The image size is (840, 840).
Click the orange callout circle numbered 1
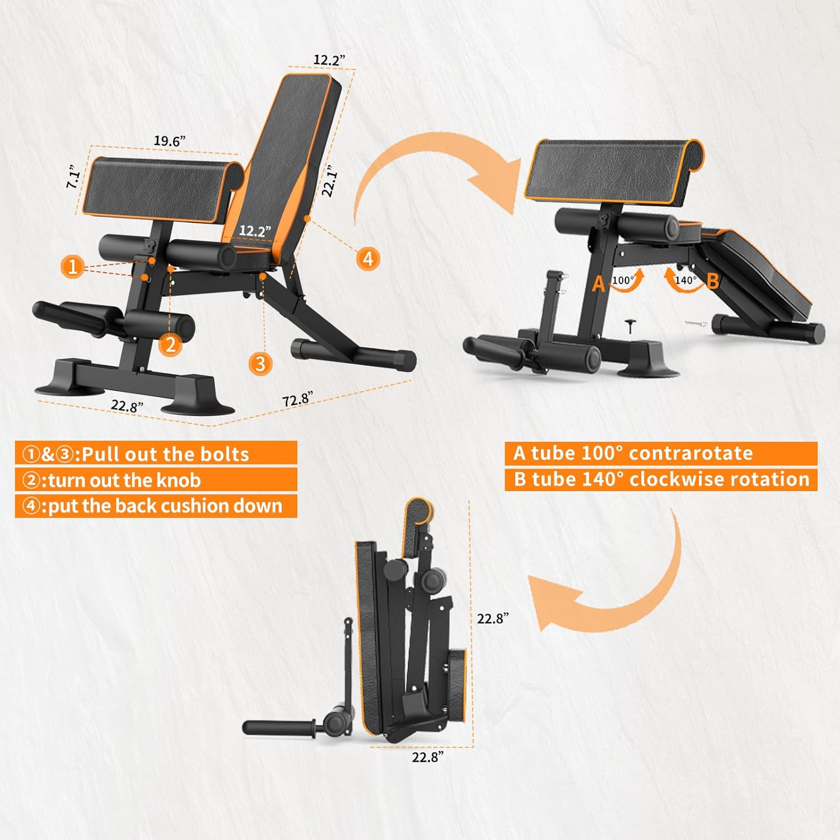click(73, 267)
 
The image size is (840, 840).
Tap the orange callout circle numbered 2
click(171, 344)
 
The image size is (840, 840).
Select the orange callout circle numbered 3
click(260, 364)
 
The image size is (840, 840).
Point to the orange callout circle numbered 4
click(368, 259)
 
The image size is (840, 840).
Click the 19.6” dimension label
click(170, 141)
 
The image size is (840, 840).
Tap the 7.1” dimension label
click(73, 176)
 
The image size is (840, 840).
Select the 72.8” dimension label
click(297, 399)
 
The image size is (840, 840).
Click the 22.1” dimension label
click(330, 181)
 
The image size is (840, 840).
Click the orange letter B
click(712, 281)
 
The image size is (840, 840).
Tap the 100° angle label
click(623, 280)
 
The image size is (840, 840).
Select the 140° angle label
click(685, 280)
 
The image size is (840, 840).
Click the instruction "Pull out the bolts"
click(165, 454)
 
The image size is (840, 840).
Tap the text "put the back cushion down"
click(165, 506)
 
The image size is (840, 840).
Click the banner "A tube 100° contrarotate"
click(633, 453)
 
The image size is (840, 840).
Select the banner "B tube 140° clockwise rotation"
click(661, 479)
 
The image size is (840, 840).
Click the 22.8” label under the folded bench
click(428, 757)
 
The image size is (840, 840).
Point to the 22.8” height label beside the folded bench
click(493, 619)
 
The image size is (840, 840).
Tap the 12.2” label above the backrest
click(329, 60)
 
